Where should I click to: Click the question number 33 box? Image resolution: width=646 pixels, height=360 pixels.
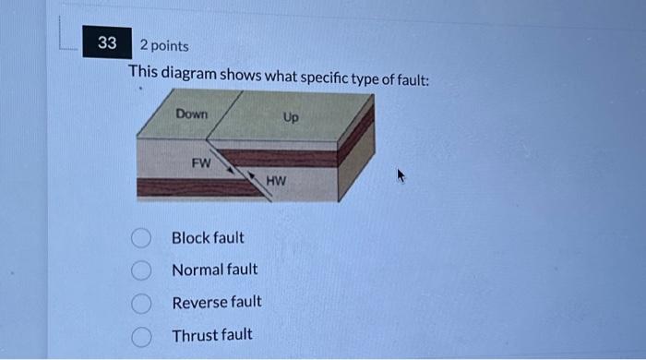[x=107, y=43]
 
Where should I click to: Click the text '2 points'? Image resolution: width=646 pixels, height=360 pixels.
[x=164, y=45]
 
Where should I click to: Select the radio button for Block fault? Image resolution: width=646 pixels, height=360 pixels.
[x=140, y=238]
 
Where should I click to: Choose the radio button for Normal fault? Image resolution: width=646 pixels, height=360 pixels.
[x=140, y=270]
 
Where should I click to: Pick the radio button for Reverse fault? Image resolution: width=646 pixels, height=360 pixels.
[x=140, y=302]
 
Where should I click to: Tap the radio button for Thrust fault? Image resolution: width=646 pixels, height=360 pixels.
[x=140, y=334]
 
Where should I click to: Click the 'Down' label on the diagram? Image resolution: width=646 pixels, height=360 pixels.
[x=192, y=114]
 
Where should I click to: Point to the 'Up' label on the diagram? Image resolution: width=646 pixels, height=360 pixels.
[x=291, y=118]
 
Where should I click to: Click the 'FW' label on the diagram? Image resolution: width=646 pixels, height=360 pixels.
[x=200, y=162]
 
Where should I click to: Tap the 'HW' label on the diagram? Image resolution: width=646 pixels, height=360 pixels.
[x=276, y=181]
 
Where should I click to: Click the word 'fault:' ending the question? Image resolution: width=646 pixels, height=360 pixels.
[x=411, y=79]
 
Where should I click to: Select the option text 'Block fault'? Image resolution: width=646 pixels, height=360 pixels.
[x=208, y=238]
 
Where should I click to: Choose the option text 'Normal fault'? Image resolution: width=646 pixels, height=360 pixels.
[x=214, y=270]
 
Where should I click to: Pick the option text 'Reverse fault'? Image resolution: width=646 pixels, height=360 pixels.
[x=216, y=302]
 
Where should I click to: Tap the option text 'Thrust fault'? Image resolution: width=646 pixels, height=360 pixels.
[x=211, y=334]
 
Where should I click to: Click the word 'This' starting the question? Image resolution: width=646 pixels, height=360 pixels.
[x=143, y=71]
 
